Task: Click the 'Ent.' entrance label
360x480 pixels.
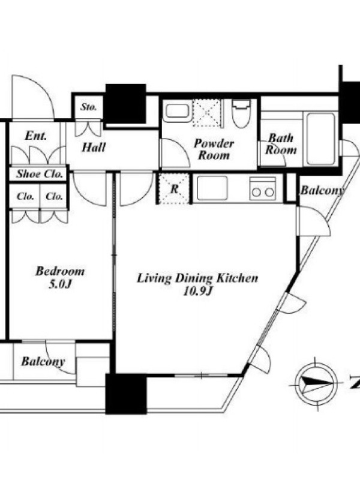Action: [x=36, y=136]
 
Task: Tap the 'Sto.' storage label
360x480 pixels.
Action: [x=89, y=107]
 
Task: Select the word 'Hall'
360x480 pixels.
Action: [x=94, y=148]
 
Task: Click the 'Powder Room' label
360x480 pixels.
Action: [x=214, y=149]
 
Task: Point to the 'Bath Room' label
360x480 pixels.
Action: [x=281, y=144]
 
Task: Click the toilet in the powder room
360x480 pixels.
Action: [x=241, y=113]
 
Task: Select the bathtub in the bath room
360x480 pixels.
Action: [x=320, y=139]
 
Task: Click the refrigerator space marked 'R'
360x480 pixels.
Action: [x=173, y=188]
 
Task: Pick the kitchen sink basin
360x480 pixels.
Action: [x=212, y=188]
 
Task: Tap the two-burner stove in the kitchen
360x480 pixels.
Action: [x=263, y=188]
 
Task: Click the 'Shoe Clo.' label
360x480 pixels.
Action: [x=40, y=174]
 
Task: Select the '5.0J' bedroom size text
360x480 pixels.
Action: [x=60, y=284]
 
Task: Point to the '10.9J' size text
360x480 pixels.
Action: [x=197, y=292]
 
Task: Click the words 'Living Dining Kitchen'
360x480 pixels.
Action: [x=197, y=278]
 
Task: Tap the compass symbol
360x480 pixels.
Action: [x=316, y=382]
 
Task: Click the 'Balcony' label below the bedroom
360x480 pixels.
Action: [x=43, y=362]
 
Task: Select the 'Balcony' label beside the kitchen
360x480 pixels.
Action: [x=322, y=190]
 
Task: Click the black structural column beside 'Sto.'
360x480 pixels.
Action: [x=125, y=104]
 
